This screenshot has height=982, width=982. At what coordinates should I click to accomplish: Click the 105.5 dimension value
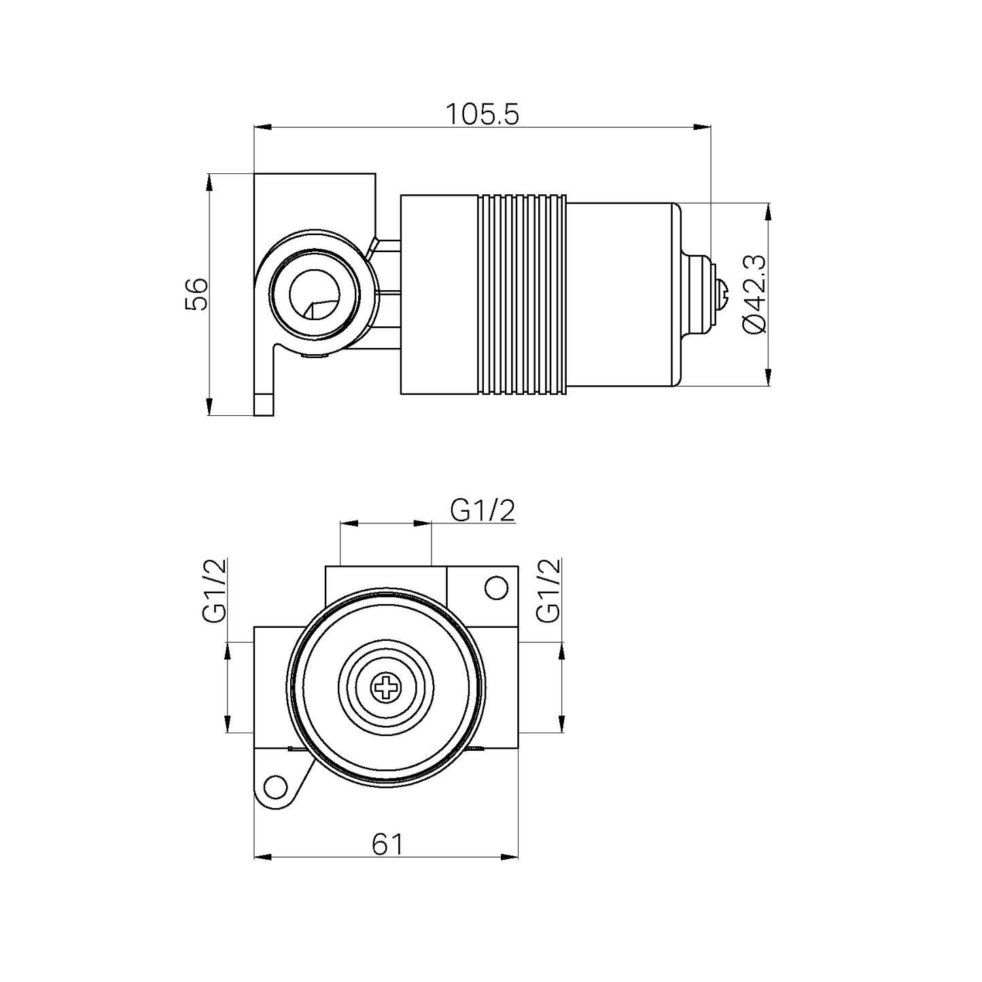click(482, 115)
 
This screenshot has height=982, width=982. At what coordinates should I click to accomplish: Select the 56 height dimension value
click(196, 294)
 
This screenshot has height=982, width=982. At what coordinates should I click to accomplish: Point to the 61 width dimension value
click(388, 844)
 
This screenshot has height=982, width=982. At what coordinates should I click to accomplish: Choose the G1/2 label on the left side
click(213, 590)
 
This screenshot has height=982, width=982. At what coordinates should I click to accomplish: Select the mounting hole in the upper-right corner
click(497, 588)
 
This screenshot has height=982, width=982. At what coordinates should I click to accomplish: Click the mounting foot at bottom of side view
click(264, 404)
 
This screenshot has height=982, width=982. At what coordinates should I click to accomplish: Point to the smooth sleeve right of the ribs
click(618, 294)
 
